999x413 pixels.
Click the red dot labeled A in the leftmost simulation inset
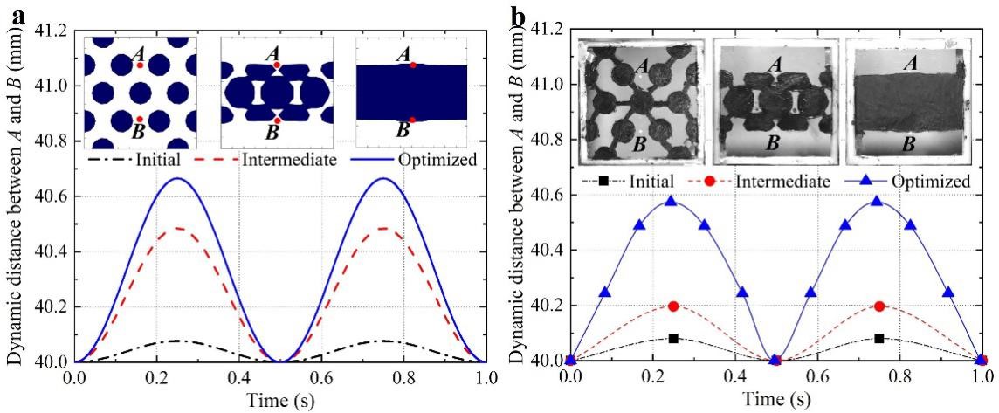coord(140,65)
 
